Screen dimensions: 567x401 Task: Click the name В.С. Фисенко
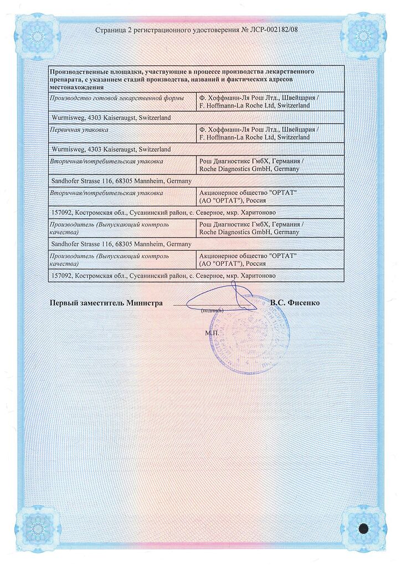[x=295, y=303]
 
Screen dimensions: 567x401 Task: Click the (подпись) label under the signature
[x=212, y=311]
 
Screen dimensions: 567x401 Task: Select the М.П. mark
[x=212, y=333]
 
